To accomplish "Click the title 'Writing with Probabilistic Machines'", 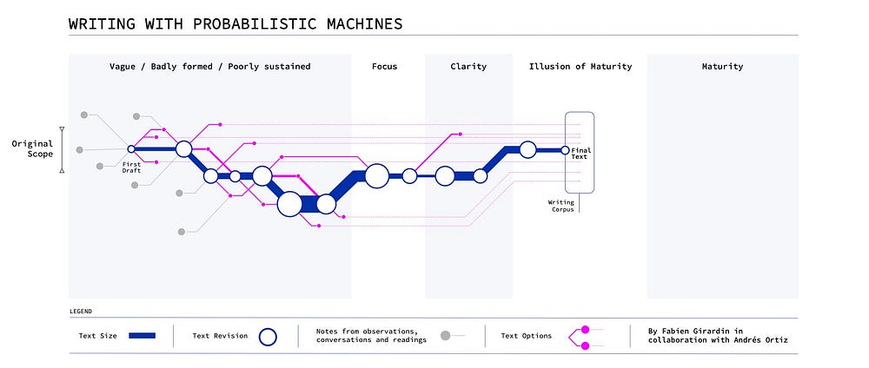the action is tap(235, 23).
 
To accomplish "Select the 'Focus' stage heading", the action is tap(384, 66).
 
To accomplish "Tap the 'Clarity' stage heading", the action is tap(468, 66).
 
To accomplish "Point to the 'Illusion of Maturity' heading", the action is tap(580, 66).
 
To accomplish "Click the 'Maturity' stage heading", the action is tap(722, 66).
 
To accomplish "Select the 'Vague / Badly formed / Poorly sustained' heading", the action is tap(209, 66).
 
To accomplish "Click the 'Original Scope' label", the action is tap(32, 148).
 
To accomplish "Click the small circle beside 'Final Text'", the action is tap(565, 150).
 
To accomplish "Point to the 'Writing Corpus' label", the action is tap(561, 207).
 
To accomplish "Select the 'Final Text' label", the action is tap(580, 154).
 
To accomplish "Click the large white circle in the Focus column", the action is tap(376, 176).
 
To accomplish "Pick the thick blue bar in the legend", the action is tap(141, 335).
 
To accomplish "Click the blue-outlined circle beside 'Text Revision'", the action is tap(269, 336).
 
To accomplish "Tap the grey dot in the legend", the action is tap(446, 335).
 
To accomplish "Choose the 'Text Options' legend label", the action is tap(527, 336).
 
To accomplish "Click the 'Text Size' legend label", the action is tap(99, 336).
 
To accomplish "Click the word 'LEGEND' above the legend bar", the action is tap(80, 310).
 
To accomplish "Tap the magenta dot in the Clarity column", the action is tap(460, 135).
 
